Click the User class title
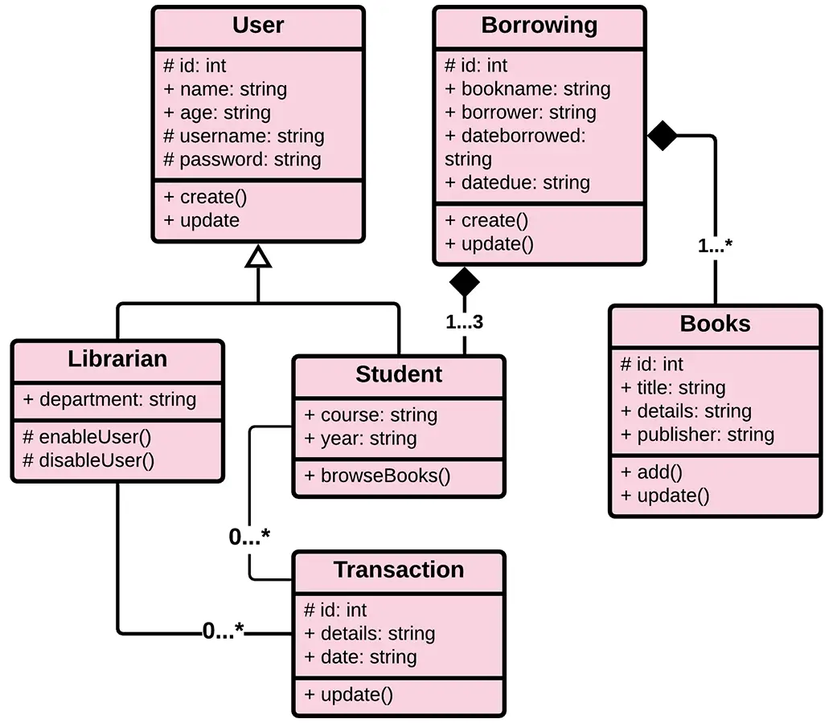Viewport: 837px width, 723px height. point(258,26)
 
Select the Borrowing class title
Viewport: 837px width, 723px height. point(539,26)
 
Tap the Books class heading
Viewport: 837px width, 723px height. point(715,324)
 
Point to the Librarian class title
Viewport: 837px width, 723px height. point(117,359)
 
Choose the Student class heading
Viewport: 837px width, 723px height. point(399,374)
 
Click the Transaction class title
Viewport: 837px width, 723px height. point(399,570)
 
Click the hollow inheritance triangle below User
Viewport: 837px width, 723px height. point(257,256)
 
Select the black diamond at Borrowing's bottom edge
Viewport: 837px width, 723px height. point(464,281)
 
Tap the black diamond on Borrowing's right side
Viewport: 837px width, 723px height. point(663,136)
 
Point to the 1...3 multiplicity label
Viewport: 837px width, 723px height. point(464,323)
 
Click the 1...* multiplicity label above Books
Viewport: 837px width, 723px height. point(715,246)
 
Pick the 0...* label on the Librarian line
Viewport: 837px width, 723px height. point(223,632)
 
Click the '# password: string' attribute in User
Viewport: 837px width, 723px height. point(242,159)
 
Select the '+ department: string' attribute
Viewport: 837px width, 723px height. point(110,399)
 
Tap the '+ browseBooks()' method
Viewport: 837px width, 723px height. point(377,476)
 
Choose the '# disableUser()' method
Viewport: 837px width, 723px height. point(88,460)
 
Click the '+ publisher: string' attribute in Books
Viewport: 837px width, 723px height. point(697,435)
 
